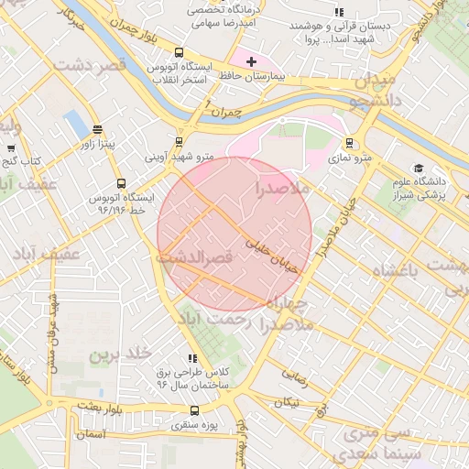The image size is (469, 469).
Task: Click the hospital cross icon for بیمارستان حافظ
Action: [252, 61]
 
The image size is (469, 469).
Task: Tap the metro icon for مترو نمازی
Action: [349, 142]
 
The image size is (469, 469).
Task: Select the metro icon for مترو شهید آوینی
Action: [179, 142]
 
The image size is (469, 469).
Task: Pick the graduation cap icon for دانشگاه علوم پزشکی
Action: [419, 169]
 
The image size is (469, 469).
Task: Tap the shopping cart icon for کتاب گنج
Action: [11, 147]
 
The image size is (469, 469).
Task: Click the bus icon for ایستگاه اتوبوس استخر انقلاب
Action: [179, 53]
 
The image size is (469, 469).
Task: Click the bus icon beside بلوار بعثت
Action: [49, 403]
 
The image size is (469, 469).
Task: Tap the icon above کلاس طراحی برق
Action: [191, 358]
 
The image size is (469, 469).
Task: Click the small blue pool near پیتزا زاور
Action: [72, 121]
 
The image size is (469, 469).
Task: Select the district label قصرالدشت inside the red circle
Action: [196, 259]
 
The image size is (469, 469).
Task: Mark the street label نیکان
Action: [287, 402]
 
